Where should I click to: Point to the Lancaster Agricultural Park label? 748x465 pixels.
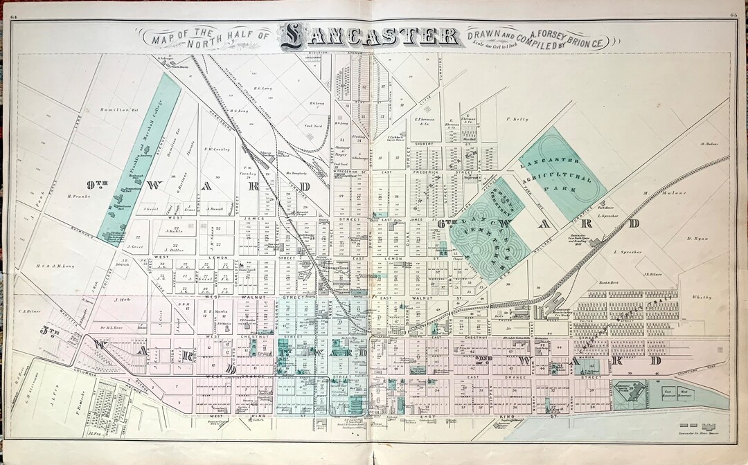(562, 174)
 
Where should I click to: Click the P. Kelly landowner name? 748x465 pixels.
(517, 119)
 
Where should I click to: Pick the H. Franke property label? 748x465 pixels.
(80, 196)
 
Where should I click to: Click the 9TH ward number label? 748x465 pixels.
(99, 184)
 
